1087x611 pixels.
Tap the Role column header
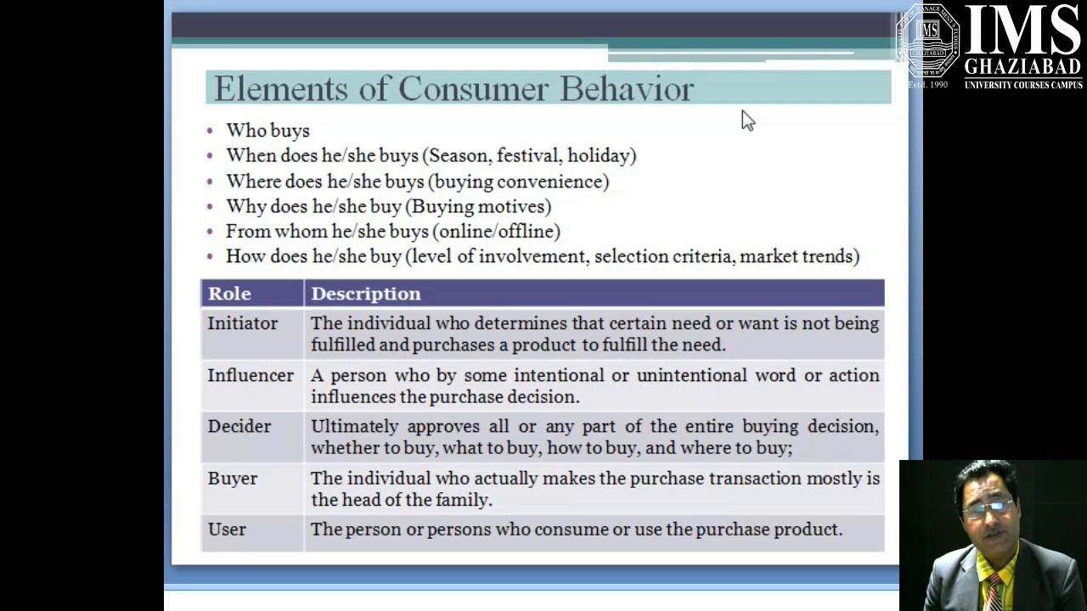(x=229, y=294)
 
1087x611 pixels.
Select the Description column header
(x=365, y=294)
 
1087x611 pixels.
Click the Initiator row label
(x=242, y=323)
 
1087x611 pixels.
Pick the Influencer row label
(x=251, y=375)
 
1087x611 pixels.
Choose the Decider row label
(x=239, y=426)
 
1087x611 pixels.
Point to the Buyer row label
(x=232, y=479)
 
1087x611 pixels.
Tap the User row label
(x=227, y=530)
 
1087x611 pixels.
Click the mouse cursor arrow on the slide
(x=746, y=120)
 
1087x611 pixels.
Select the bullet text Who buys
(x=268, y=131)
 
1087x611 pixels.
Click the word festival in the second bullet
(x=527, y=155)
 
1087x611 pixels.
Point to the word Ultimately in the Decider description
(x=354, y=426)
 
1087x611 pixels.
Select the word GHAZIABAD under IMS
(x=1022, y=68)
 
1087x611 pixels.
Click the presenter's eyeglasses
(x=987, y=507)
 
